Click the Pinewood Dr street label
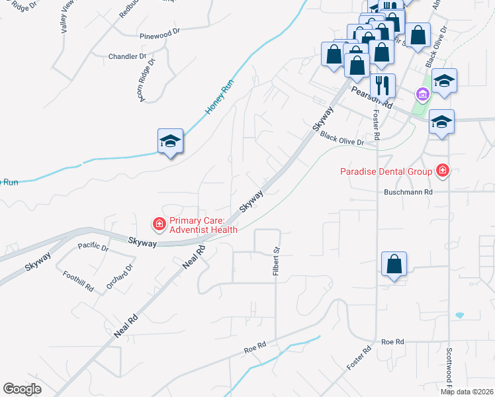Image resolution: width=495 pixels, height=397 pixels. [x=159, y=31]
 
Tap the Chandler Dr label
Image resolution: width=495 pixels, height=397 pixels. [x=127, y=56]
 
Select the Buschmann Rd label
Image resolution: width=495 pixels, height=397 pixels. [x=408, y=192]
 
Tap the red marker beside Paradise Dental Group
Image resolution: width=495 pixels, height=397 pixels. [x=443, y=172]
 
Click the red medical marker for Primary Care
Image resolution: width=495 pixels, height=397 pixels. [x=159, y=225]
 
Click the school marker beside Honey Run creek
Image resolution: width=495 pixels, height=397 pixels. [x=169, y=140]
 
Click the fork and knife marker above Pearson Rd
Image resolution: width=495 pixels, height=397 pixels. [x=382, y=85]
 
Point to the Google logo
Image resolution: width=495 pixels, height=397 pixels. [x=22, y=389]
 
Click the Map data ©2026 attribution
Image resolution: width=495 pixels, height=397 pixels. [x=467, y=392]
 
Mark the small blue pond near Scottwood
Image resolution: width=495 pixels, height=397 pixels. [x=460, y=315]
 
